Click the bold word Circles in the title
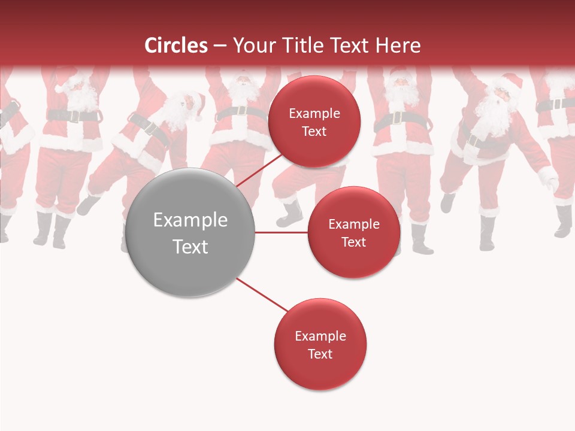tap(175, 45)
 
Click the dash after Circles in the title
tap(220, 45)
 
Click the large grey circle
tap(190, 232)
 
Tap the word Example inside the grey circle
tap(190, 220)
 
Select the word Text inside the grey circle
tap(190, 246)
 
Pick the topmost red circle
tap(314, 122)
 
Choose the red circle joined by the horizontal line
tap(353, 232)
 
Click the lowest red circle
tap(320, 344)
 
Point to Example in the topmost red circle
tap(314, 113)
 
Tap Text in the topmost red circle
tap(314, 131)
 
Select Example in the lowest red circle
tap(320, 336)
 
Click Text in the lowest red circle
tap(320, 354)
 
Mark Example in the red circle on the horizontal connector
tap(353, 224)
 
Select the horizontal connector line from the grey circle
tap(282, 232)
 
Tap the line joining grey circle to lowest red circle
tap(262, 295)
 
